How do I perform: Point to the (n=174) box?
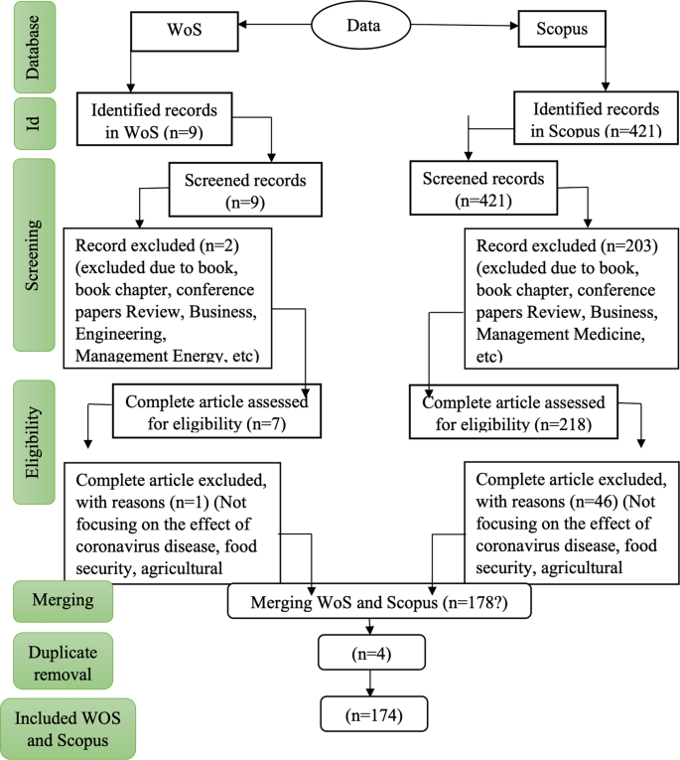click(370, 714)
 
